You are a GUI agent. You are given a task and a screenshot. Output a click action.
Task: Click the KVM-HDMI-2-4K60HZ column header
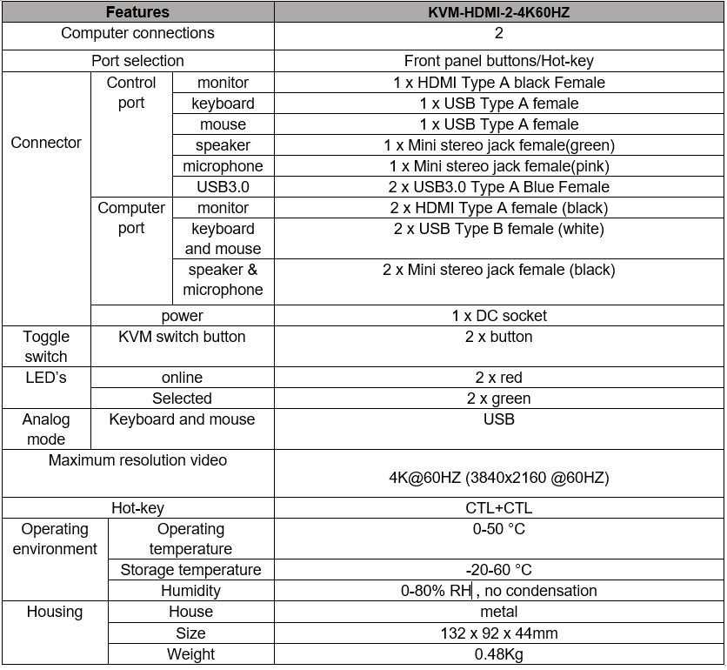point(498,12)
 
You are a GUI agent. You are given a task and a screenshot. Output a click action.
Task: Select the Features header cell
point(137,12)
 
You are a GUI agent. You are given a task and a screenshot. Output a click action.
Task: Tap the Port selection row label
point(137,61)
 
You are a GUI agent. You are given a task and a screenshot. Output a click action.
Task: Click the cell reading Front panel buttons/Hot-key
point(498,61)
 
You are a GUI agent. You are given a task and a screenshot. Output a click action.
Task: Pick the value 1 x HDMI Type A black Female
point(498,83)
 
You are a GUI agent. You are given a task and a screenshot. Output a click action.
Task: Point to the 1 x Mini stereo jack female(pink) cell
point(498,166)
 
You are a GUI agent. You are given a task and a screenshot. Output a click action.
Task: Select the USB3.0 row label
point(223,187)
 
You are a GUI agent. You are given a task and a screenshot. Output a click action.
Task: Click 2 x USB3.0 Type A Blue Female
point(498,187)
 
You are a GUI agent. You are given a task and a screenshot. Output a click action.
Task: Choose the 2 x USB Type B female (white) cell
point(498,229)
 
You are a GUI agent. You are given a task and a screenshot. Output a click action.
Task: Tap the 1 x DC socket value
point(498,316)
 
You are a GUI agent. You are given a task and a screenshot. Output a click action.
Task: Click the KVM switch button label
point(182,337)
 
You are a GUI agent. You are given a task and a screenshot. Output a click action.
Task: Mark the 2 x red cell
point(498,378)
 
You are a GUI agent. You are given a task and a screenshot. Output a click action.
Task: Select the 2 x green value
point(498,399)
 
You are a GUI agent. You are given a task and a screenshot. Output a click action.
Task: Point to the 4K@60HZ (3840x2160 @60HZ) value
point(498,478)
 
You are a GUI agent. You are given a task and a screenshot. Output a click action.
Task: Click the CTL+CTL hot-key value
point(498,508)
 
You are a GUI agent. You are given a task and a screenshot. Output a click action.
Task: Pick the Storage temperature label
point(190,570)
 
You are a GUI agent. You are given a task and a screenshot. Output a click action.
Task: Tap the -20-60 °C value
point(498,570)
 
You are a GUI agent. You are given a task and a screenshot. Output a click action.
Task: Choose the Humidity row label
point(190,591)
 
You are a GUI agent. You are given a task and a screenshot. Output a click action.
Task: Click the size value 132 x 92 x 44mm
point(498,633)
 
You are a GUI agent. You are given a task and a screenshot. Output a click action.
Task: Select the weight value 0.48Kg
point(498,654)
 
